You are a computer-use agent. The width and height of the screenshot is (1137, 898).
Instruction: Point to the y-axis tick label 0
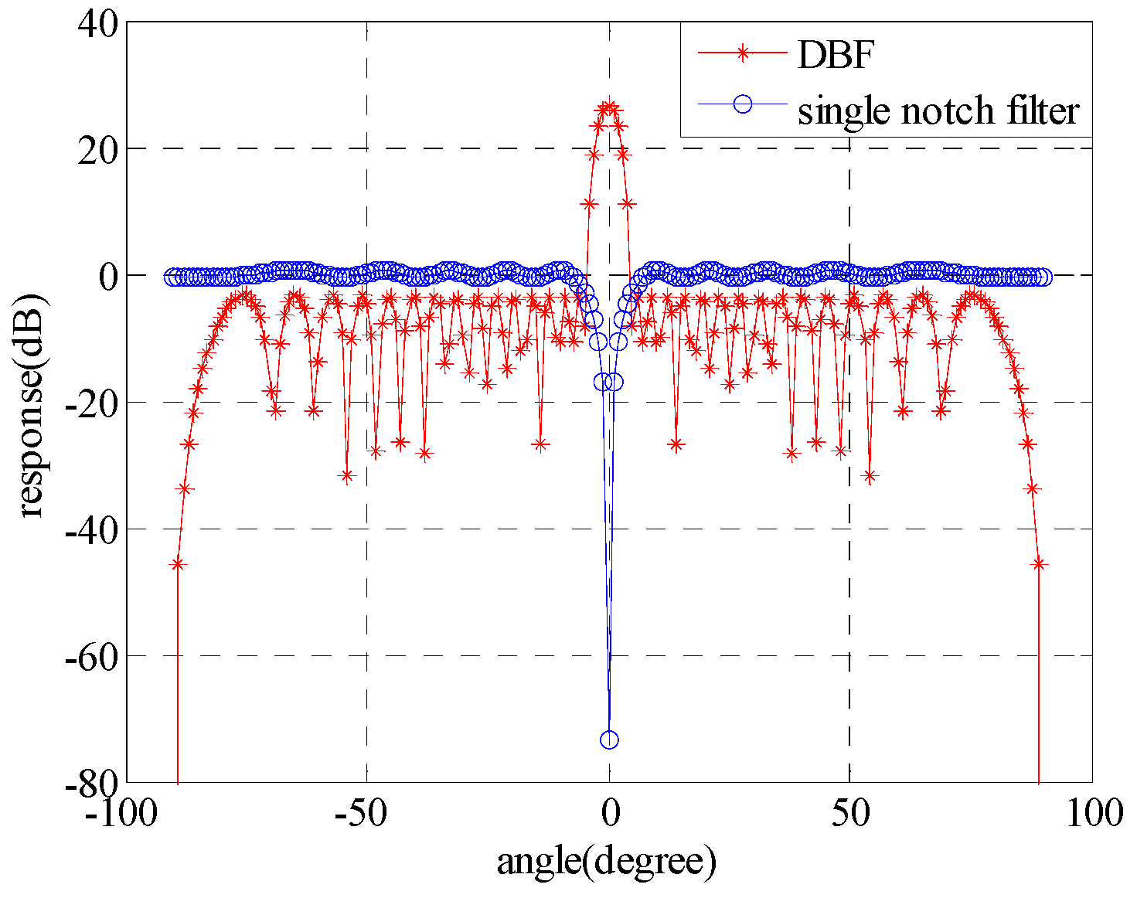(x=109, y=276)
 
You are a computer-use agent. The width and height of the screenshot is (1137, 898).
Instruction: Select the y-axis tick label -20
(x=90, y=403)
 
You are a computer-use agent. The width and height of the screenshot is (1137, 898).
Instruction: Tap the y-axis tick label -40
(x=90, y=529)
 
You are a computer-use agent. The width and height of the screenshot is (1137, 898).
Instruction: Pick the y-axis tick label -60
(x=90, y=656)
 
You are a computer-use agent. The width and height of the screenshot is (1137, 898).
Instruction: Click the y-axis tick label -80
(x=90, y=783)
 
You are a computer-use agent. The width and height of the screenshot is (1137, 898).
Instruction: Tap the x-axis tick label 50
(x=850, y=813)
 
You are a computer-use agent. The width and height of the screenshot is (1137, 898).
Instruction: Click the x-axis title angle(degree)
(x=607, y=862)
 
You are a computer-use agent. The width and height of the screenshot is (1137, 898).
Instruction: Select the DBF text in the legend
(x=836, y=54)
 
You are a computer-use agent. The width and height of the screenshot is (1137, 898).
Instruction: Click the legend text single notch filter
(x=938, y=111)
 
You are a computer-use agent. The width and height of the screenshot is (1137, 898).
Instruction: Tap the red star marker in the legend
(x=743, y=53)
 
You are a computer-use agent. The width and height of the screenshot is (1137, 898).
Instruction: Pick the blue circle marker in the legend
(x=743, y=104)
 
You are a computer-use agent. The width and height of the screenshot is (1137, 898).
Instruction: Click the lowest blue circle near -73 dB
(x=609, y=740)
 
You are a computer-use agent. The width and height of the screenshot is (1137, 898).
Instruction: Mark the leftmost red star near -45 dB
(x=178, y=564)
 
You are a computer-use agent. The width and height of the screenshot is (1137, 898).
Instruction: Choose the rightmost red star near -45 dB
(x=1039, y=564)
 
